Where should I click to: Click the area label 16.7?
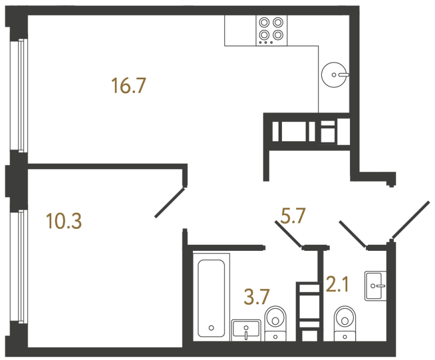(x=129, y=86)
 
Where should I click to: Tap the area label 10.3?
(x=64, y=222)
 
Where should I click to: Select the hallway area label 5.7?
(x=293, y=215)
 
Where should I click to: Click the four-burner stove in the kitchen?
(x=271, y=30)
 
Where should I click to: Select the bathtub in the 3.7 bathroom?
(x=211, y=295)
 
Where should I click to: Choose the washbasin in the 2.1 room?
(x=375, y=286)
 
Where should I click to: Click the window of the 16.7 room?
(x=21, y=94)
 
